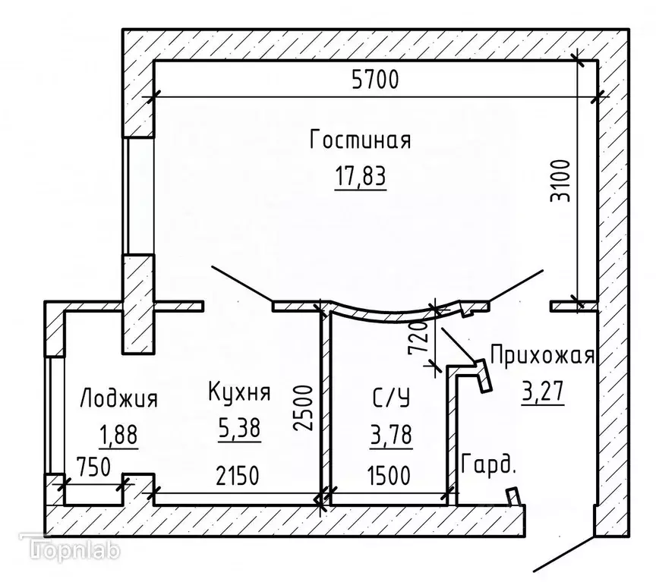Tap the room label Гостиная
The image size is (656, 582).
point(361,141)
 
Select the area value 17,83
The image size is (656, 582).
point(361,176)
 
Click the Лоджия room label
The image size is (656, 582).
point(118,398)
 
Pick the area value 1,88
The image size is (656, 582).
point(118,434)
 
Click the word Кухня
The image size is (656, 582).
point(238,392)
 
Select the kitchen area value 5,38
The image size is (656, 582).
point(238,429)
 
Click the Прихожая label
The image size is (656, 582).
point(541,355)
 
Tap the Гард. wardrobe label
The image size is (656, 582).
point(488,465)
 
